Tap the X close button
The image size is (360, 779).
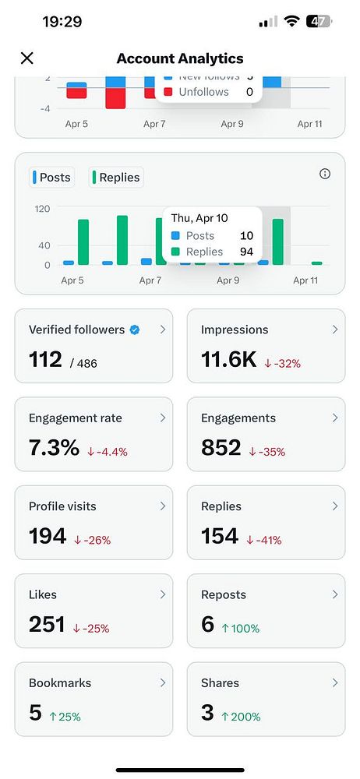click(27, 58)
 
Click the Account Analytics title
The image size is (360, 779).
click(180, 58)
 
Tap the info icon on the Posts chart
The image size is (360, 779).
click(326, 174)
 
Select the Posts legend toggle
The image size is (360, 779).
click(52, 178)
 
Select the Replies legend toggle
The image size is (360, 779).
click(116, 178)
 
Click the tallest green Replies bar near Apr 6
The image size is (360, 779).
click(122, 240)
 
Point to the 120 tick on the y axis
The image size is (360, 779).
click(42, 209)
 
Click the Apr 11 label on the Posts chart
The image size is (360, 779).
click(305, 280)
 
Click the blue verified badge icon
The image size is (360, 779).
click(135, 330)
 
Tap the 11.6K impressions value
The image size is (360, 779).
click(228, 359)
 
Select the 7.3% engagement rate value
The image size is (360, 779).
click(54, 448)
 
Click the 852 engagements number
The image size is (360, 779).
click(221, 448)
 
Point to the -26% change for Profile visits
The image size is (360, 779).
click(93, 540)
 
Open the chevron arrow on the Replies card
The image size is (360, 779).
click(335, 506)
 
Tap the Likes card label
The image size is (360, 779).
click(43, 594)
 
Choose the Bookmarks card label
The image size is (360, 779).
click(60, 682)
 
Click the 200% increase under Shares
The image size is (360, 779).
click(241, 716)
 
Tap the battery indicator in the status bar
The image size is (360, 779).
click(319, 22)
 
